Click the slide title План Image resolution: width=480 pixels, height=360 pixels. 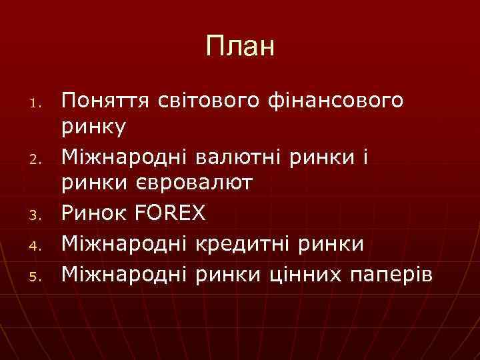tap(240, 47)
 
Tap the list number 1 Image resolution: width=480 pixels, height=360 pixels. tap(39, 103)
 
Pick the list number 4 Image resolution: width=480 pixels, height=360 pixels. tap(39, 245)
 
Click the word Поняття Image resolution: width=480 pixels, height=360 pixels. tap(107, 101)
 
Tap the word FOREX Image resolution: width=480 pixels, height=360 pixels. tap(170, 213)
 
